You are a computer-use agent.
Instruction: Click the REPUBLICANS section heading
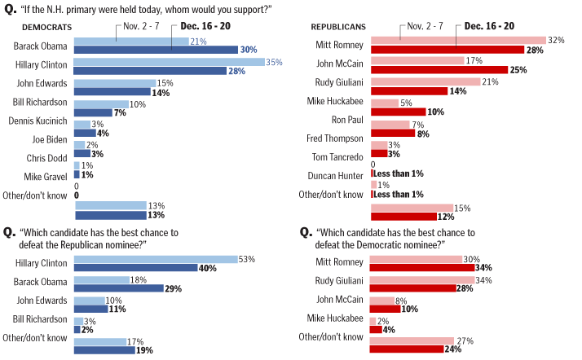pyautogui.click(x=328, y=27)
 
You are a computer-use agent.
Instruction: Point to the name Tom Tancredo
pyautogui.click(x=338, y=157)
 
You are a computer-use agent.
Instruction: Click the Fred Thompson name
pyautogui.click(x=337, y=138)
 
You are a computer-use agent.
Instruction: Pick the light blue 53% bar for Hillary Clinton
pyautogui.click(x=155, y=259)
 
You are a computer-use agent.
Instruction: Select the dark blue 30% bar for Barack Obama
pyautogui.click(x=155, y=50)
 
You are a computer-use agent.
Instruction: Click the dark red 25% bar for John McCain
pyautogui.click(x=440, y=69)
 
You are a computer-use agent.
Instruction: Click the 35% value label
pyautogui.click(x=276, y=62)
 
